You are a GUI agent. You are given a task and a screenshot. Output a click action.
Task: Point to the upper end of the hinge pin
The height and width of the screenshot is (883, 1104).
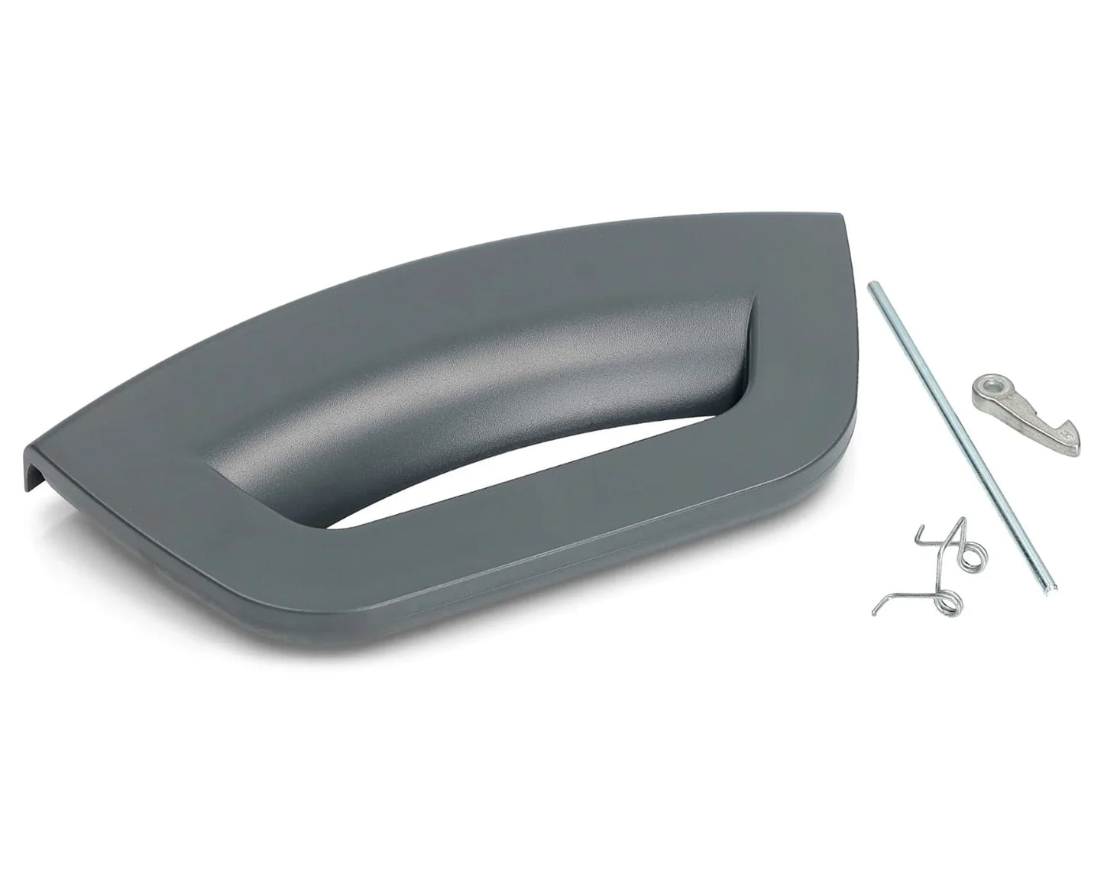click(872, 286)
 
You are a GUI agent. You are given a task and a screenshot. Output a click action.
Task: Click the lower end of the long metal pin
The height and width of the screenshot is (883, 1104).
click(1052, 586)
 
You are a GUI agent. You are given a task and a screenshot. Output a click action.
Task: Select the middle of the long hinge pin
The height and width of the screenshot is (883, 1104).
click(962, 435)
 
